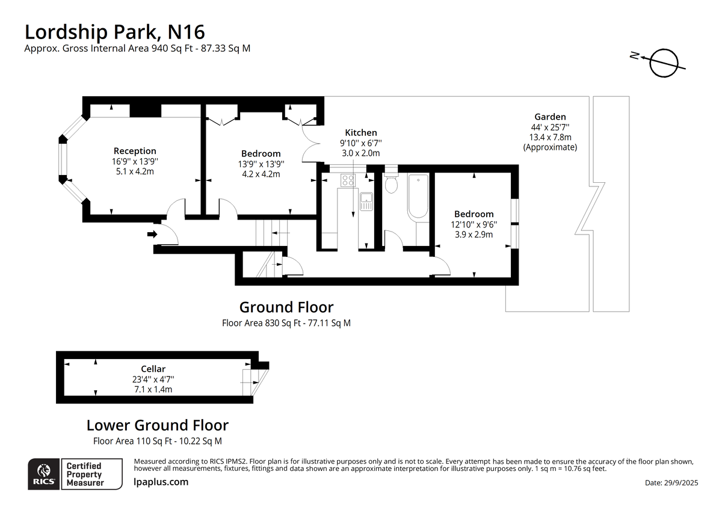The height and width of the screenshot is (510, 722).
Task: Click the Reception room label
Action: pos(135,151)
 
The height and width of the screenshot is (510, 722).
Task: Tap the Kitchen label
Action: pos(360,132)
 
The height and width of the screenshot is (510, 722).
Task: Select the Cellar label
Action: pos(153,369)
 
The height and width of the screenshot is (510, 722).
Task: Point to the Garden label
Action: pos(550,117)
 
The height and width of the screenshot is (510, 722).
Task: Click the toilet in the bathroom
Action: pos(391,183)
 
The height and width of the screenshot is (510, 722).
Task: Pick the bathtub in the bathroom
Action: pos(418,196)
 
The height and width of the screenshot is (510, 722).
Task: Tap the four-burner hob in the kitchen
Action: pos(348,180)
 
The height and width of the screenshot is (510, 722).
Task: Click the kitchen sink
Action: pos(366,201)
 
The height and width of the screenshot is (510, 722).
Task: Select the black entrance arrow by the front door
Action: pos(152,234)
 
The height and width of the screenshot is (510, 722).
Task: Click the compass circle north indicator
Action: pos(664,63)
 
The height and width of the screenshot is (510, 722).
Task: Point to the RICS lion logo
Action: pos(44,471)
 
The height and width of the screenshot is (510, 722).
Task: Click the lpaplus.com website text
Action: pos(161,482)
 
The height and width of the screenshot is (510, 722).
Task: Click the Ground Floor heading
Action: pos(286,307)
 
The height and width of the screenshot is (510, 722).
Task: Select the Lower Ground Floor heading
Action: pos(158,425)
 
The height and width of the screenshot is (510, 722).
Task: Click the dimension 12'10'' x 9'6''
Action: pos(474,224)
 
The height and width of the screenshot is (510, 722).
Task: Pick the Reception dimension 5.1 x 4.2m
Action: pos(135,171)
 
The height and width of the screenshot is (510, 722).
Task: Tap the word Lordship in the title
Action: pos(66,32)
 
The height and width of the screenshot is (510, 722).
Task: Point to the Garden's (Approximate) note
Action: pos(550,147)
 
